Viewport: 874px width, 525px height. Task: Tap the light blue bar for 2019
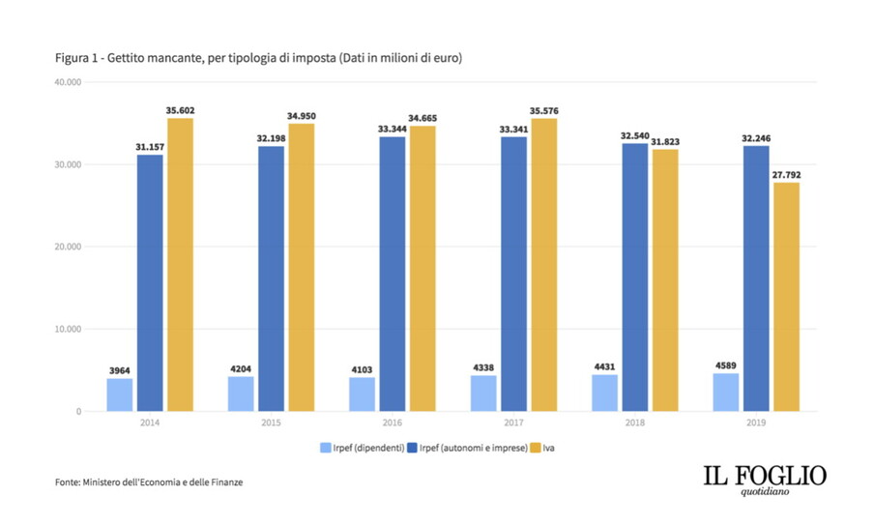click(725, 392)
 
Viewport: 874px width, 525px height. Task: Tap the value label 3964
click(120, 369)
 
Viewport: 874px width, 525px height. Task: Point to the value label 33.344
click(392, 128)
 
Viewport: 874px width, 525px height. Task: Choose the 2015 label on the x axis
click(272, 423)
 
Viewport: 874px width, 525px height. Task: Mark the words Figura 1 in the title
click(78, 59)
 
